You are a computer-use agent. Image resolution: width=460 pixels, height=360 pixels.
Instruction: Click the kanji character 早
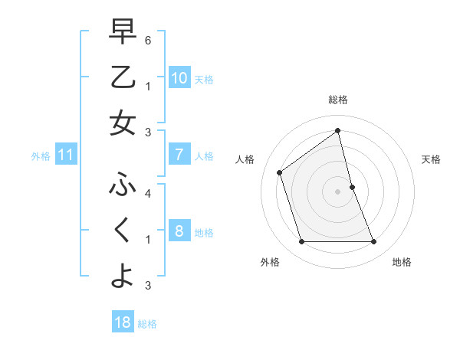pyautogui.click(x=123, y=32)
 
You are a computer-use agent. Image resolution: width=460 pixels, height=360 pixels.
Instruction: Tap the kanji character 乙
pyautogui.click(x=123, y=77)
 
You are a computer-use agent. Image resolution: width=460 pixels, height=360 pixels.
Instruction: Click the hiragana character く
pyautogui.click(x=123, y=231)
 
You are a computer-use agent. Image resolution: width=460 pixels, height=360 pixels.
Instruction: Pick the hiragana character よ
pyautogui.click(x=123, y=276)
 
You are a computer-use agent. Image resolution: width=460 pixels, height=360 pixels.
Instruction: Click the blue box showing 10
pyautogui.click(x=179, y=77)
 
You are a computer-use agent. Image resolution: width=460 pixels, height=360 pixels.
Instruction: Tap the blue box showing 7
pyautogui.click(x=179, y=155)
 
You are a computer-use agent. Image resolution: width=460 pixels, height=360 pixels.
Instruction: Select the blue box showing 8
pyautogui.click(x=179, y=231)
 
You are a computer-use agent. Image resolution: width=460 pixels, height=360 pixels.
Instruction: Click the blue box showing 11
pyautogui.click(x=66, y=155)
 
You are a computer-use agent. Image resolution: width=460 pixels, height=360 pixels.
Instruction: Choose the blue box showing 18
pyautogui.click(x=123, y=322)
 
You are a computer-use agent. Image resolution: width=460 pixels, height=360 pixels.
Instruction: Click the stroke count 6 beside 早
pyautogui.click(x=148, y=40)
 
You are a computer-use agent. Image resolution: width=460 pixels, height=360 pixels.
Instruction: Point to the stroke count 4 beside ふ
pyautogui.click(x=148, y=193)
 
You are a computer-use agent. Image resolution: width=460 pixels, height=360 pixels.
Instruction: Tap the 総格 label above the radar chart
pyautogui.click(x=337, y=100)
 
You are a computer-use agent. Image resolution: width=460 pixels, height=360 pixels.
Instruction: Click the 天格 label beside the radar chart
pyautogui.click(x=431, y=159)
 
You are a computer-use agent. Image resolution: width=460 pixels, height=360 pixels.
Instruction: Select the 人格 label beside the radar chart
pyautogui.click(x=245, y=159)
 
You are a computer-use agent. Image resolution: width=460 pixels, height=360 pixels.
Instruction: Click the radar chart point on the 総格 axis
pyautogui.click(x=337, y=130)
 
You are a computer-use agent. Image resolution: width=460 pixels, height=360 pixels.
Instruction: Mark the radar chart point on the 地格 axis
pyautogui.click(x=374, y=242)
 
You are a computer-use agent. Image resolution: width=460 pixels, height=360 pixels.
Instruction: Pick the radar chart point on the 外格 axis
pyautogui.click(x=301, y=242)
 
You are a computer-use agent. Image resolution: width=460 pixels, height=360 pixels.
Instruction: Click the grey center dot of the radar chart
pyautogui.click(x=337, y=191)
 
